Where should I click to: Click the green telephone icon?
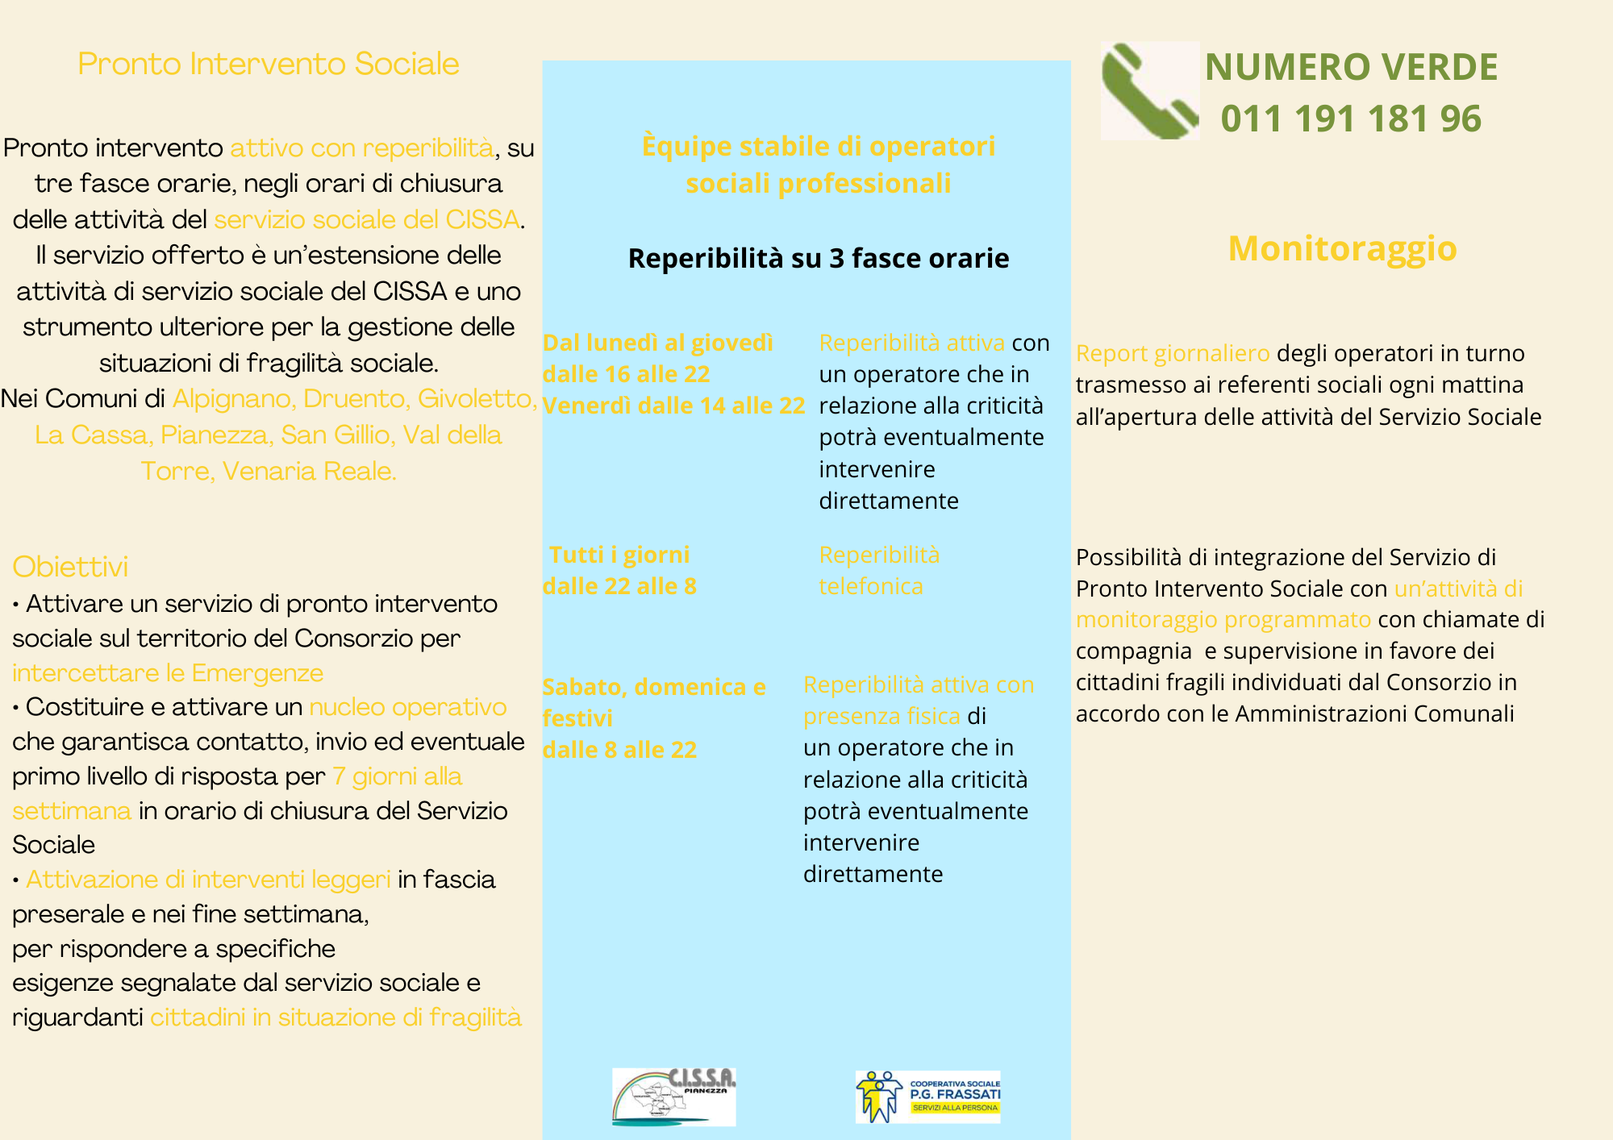(x=1149, y=91)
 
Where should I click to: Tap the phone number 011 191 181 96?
(x=1351, y=119)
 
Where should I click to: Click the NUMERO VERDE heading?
(x=1351, y=67)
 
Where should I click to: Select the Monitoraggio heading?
(x=1342, y=248)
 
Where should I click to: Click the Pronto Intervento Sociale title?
(x=268, y=64)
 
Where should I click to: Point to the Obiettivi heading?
(x=70, y=567)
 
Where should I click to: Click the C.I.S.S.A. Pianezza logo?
(x=673, y=1096)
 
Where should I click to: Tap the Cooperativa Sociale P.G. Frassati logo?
(x=927, y=1096)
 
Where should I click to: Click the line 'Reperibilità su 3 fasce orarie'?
(x=818, y=258)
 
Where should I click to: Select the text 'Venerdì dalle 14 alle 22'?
(x=673, y=406)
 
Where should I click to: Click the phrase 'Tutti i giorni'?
(x=619, y=555)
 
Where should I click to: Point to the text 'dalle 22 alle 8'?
(x=619, y=586)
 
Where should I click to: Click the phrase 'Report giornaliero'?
(x=1173, y=353)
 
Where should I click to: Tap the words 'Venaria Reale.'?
(x=309, y=471)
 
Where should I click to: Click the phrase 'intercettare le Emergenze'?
(x=168, y=672)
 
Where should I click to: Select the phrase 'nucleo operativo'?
(x=407, y=707)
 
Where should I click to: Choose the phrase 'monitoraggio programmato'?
(x=1223, y=619)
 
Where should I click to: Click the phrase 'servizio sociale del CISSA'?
(x=366, y=219)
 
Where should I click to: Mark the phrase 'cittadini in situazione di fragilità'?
(x=336, y=1017)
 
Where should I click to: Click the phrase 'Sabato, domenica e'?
(x=653, y=687)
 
